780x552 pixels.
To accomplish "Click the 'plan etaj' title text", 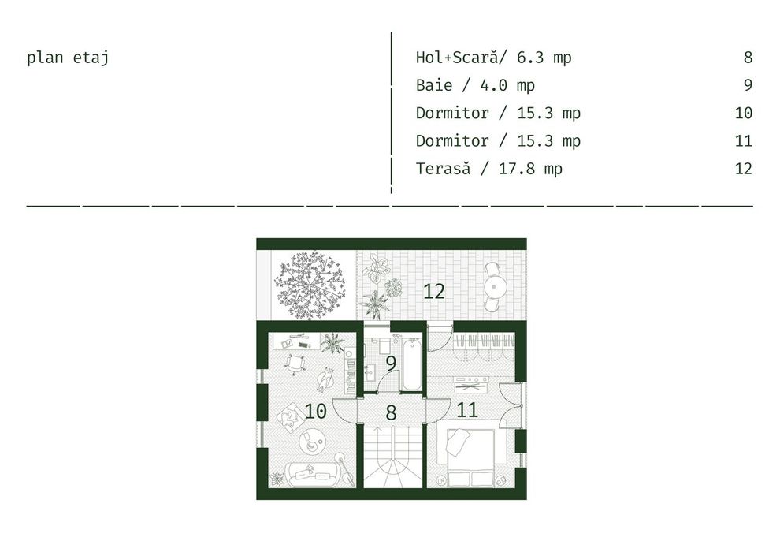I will [x=67, y=58].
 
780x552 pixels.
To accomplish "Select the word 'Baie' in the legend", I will [x=434, y=85].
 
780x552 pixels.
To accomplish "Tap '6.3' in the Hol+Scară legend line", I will [x=529, y=58].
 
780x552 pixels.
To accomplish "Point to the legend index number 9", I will [x=747, y=85].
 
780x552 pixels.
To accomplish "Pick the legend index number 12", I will [x=743, y=169].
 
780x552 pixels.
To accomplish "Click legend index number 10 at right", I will [x=743, y=114].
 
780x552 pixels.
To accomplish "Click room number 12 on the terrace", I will [x=434, y=292].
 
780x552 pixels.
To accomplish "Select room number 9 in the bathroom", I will [x=390, y=364].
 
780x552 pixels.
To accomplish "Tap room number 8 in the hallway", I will [x=391, y=412].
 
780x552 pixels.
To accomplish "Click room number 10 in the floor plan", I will [x=315, y=411].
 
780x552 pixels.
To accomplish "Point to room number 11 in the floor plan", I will [x=467, y=410].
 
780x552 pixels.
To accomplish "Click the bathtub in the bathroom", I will [x=411, y=364].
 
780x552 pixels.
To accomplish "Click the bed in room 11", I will [x=471, y=457].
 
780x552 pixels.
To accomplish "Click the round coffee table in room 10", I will [x=315, y=442].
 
